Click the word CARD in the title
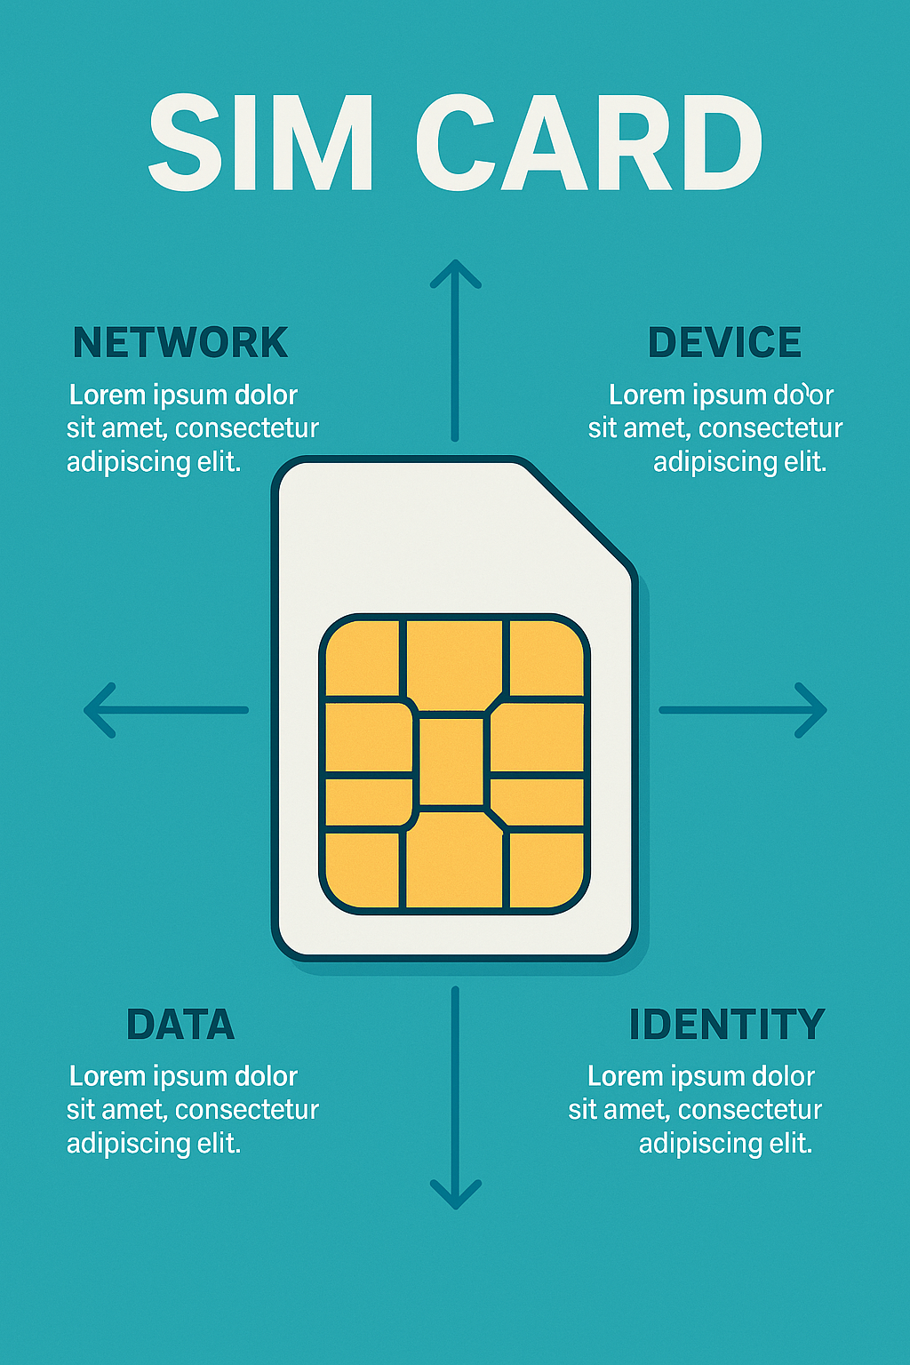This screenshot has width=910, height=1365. [588, 144]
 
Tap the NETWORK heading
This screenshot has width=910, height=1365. [180, 343]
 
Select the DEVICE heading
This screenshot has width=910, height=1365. [724, 343]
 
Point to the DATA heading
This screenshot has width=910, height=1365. [180, 1025]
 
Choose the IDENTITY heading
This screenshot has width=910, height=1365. [727, 1025]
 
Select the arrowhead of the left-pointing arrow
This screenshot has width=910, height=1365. [96, 710]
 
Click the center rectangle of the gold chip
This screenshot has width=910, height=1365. [451, 762]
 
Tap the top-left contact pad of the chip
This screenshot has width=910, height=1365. [363, 658]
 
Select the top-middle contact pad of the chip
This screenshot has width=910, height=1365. [454, 662]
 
